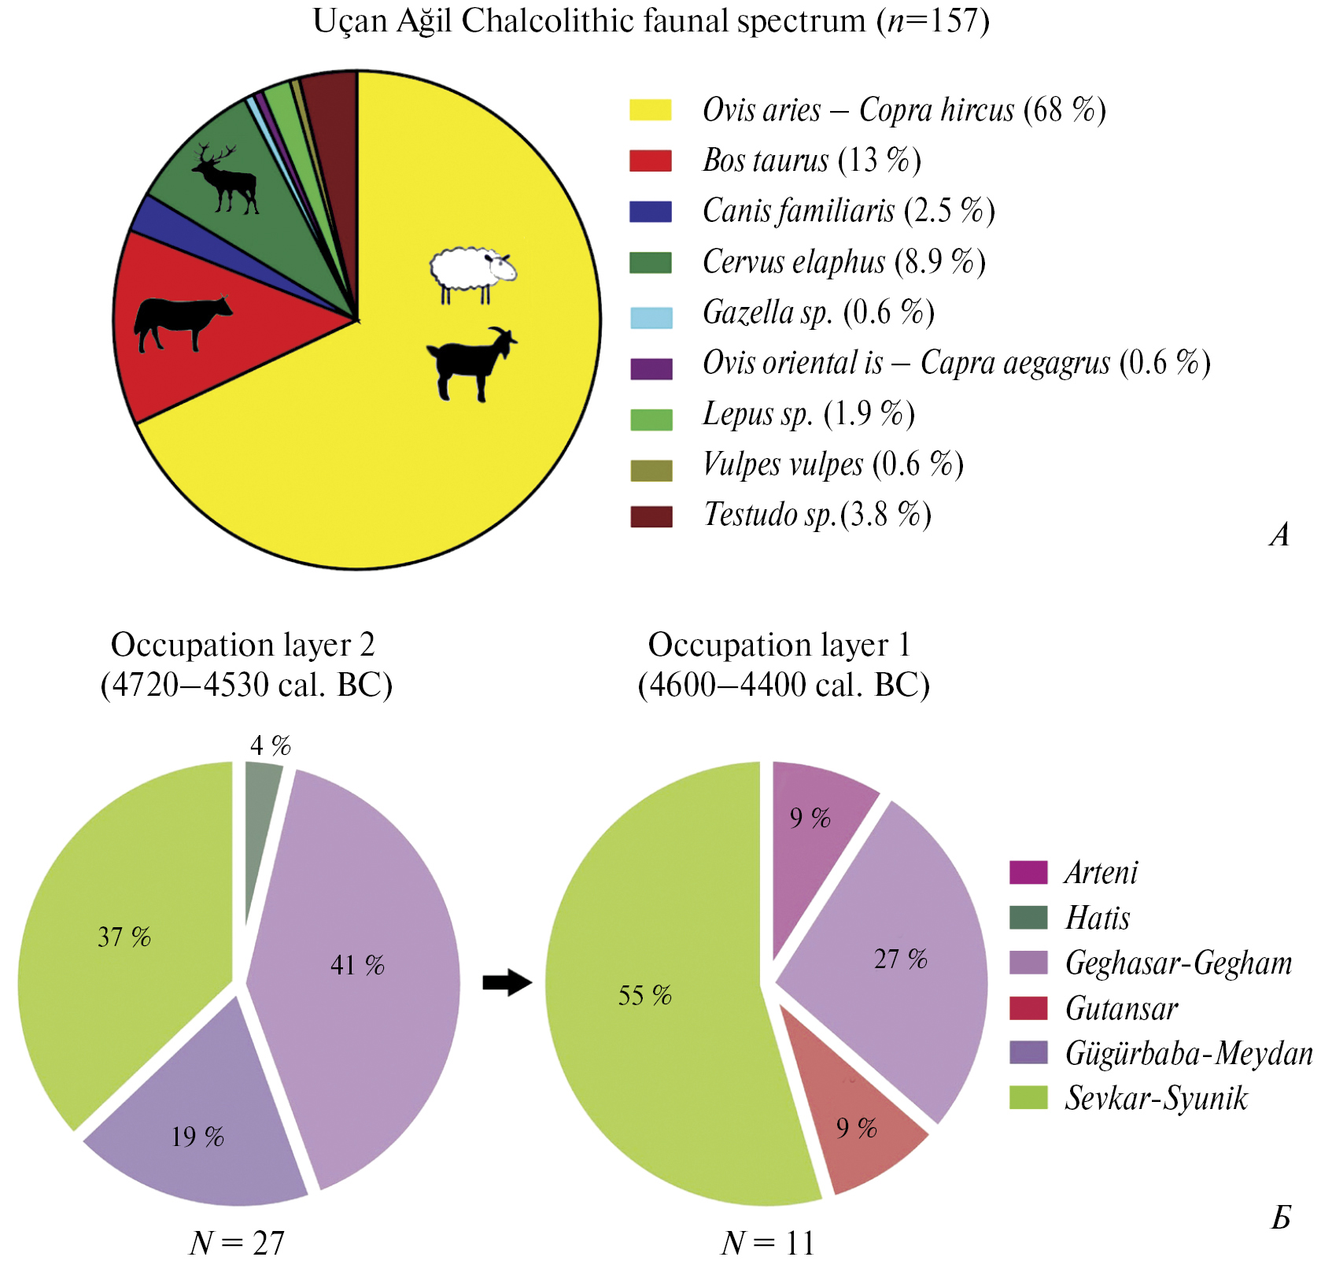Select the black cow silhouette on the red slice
tap(182, 320)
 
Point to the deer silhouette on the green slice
tap(226, 179)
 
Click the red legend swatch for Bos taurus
tap(650, 161)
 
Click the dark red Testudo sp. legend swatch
tap(651, 516)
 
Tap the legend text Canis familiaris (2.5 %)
tap(848, 211)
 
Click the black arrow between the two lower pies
tap(507, 982)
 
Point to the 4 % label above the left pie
tap(270, 745)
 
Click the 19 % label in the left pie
tap(197, 1137)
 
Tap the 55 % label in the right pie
tap(644, 996)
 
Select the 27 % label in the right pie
tap(900, 959)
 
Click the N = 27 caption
tap(237, 1243)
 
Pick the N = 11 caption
tap(767, 1243)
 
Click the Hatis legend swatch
tap(1028, 918)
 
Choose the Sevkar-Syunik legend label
tap(1156, 1099)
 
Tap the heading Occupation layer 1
tap(779, 645)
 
